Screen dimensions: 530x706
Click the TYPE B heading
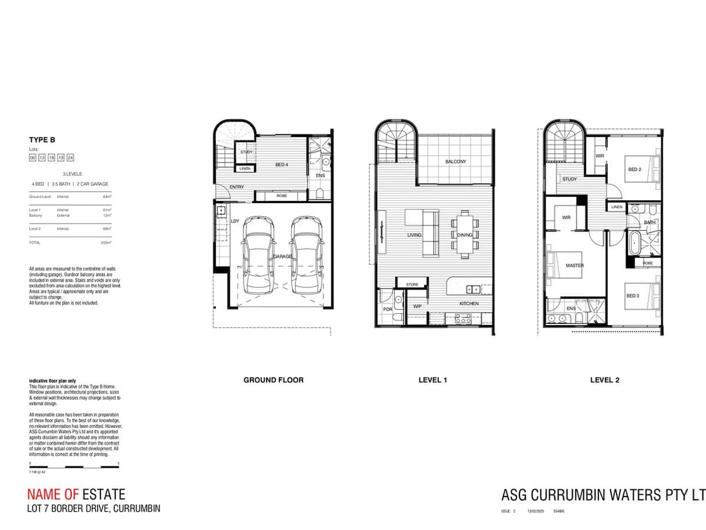(41, 140)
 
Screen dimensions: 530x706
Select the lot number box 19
(61, 158)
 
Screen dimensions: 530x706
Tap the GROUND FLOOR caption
(274, 380)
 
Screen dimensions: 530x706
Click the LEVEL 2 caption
(605, 380)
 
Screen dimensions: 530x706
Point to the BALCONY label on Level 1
(455, 161)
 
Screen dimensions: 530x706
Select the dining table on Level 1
(464, 234)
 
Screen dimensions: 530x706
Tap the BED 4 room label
(282, 165)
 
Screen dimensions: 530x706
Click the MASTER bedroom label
(574, 266)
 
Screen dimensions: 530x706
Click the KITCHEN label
(469, 304)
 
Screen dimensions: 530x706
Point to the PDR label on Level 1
(388, 309)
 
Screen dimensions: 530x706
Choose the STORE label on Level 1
(412, 284)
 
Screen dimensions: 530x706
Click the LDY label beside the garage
(235, 221)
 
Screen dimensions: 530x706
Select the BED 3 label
(632, 296)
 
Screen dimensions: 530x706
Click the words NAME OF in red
(53, 495)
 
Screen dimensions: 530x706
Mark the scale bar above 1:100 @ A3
(74, 467)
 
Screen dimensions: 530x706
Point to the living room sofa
(430, 233)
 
